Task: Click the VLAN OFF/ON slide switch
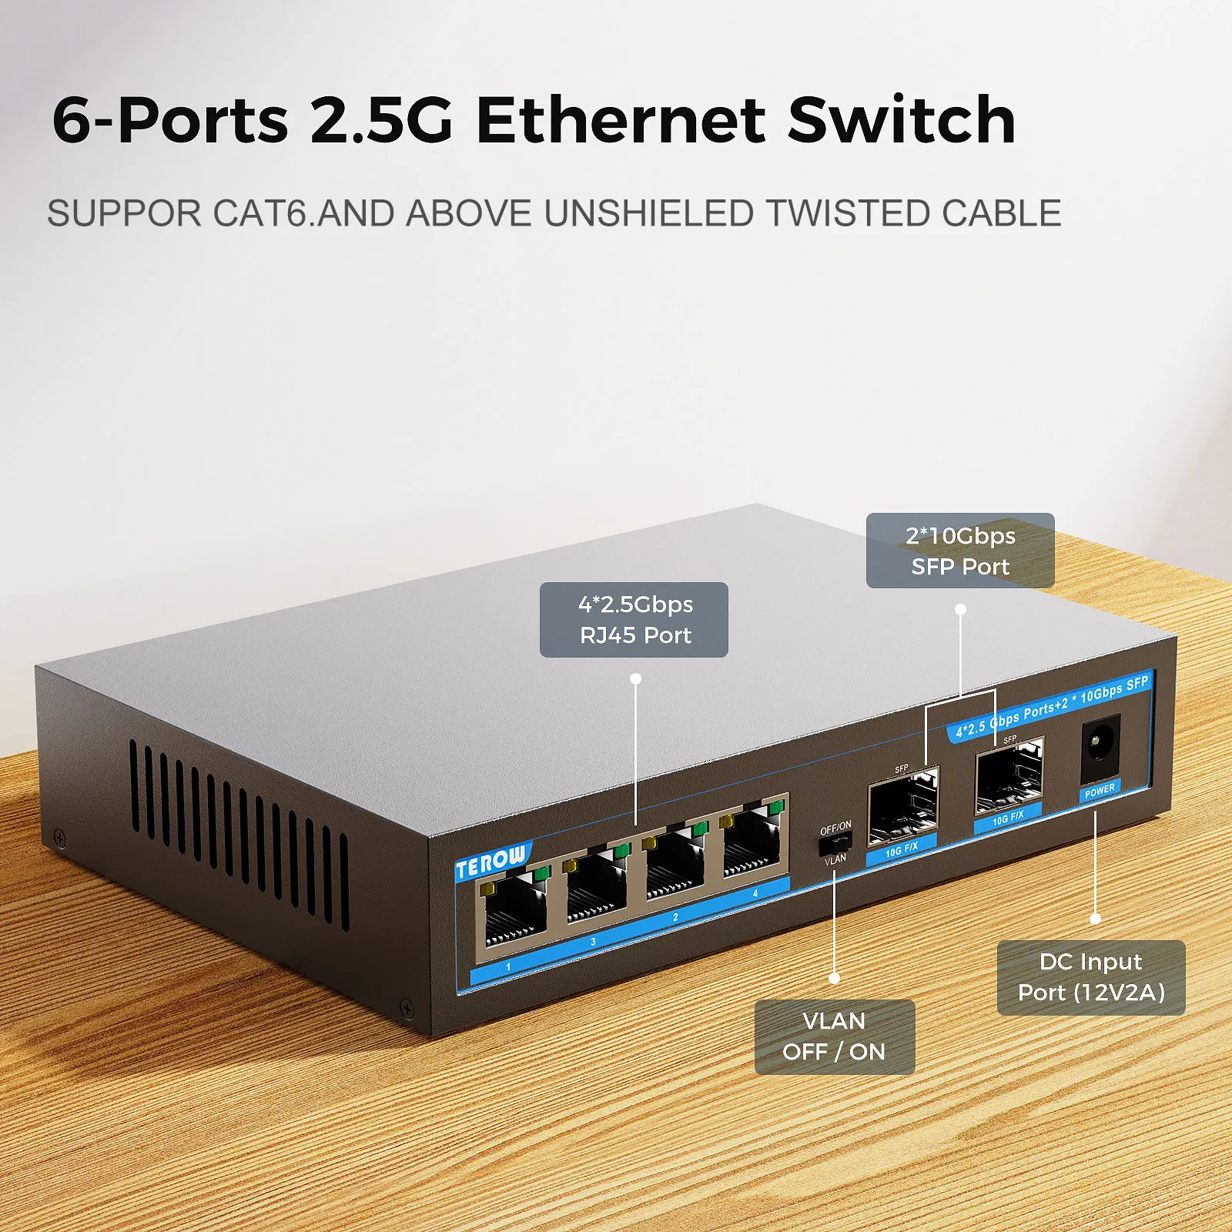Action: point(835,843)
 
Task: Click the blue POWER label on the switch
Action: point(1100,791)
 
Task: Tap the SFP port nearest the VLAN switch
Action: point(902,806)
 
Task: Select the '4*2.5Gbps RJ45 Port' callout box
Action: point(634,620)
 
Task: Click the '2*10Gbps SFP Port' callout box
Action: point(960,551)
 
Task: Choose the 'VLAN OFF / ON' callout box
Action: point(834,1036)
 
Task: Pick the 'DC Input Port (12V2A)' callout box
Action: point(1090,977)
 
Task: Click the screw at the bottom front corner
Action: point(407,1006)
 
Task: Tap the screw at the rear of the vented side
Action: point(59,838)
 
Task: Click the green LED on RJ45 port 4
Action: point(776,806)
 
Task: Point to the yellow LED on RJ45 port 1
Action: point(487,889)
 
